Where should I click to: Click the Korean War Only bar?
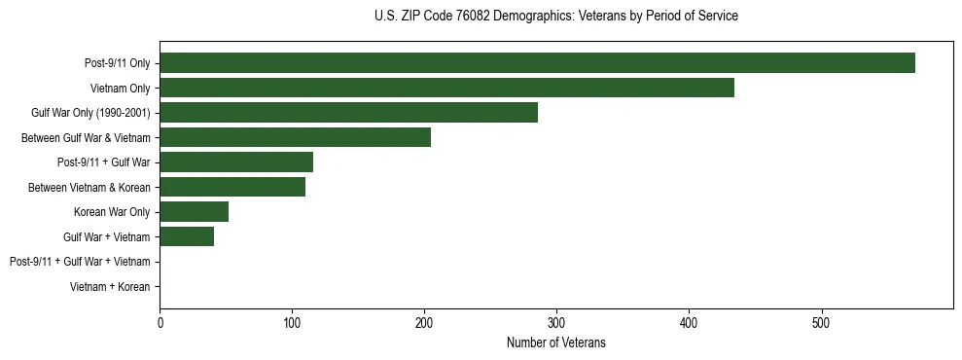(194, 212)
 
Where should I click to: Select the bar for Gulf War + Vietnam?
(187, 236)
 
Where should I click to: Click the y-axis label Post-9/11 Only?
(117, 63)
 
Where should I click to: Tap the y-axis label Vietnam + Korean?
(110, 287)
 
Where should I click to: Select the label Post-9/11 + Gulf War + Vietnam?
(80, 262)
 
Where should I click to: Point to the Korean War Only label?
(112, 212)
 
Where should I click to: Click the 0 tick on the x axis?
(160, 322)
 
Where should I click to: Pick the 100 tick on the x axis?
(292, 322)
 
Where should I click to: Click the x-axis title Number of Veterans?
(555, 343)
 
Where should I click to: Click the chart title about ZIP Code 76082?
(555, 17)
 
